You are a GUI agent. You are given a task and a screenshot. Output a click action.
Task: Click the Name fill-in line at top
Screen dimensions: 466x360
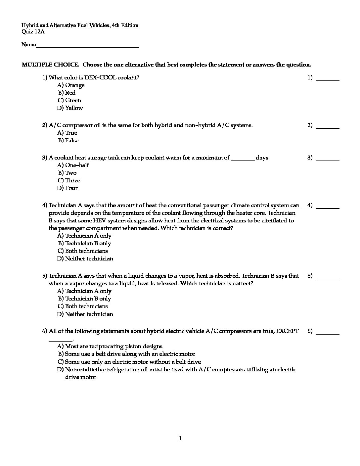87,46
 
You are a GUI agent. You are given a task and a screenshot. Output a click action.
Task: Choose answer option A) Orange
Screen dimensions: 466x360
71,85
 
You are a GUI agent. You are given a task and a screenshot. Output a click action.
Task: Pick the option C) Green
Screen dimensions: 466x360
69,101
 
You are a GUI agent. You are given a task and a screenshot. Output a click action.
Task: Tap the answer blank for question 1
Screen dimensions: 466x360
328,79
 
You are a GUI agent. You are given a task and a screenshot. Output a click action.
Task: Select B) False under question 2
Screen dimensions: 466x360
68,141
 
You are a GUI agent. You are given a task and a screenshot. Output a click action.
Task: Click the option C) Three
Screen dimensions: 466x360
69,181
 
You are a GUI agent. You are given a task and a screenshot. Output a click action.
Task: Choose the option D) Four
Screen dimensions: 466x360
67,188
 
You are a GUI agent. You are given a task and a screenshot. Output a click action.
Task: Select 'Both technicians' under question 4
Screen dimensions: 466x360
82,251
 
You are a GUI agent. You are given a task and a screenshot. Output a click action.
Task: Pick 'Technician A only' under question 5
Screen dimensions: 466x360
84,291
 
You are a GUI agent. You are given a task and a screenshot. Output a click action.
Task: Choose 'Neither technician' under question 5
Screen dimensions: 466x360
85,314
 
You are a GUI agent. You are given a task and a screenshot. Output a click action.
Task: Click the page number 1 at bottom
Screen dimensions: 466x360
180,439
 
